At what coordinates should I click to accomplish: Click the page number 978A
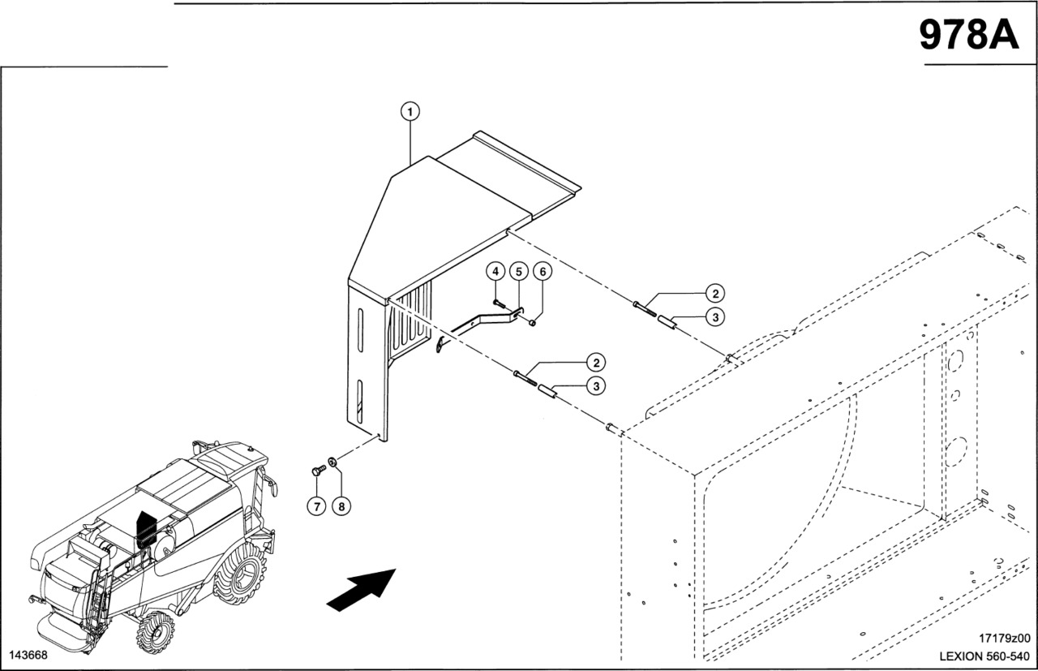pos(968,35)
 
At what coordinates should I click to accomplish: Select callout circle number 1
pos(411,110)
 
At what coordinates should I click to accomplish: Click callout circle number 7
pos(317,506)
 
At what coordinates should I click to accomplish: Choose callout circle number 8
pos(341,506)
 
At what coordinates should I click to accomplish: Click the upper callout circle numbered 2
pos(714,293)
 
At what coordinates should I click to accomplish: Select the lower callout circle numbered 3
pos(596,386)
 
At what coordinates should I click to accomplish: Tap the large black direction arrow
pos(361,588)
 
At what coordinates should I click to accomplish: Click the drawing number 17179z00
pos(1004,639)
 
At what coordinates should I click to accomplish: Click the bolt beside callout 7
pos(317,470)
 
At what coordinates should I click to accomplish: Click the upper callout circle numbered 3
pos(714,317)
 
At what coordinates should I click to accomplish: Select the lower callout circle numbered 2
pos(596,362)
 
